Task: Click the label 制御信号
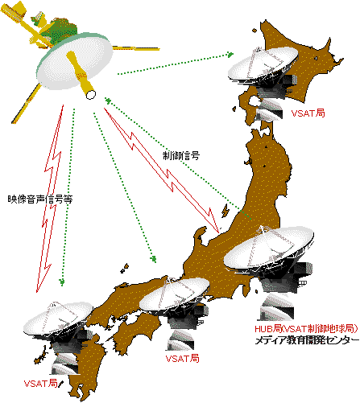pos(181,155)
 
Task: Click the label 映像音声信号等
pos(40,199)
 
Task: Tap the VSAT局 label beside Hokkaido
pos(308,113)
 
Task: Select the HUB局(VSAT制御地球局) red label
pos(306,328)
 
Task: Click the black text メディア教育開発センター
pos(307,340)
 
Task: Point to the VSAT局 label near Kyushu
pos(41,384)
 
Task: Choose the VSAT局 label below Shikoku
pos(183,359)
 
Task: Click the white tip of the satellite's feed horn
pos(91,95)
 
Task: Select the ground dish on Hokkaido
pos(263,64)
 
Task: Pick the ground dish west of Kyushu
pos(58,319)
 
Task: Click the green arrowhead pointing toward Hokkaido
pos(230,55)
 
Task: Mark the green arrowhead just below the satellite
pos(108,101)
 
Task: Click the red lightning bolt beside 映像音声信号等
pos(50,199)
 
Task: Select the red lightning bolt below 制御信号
pos(161,169)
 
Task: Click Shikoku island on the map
pos(134,332)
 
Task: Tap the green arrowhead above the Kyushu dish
pos(62,282)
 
